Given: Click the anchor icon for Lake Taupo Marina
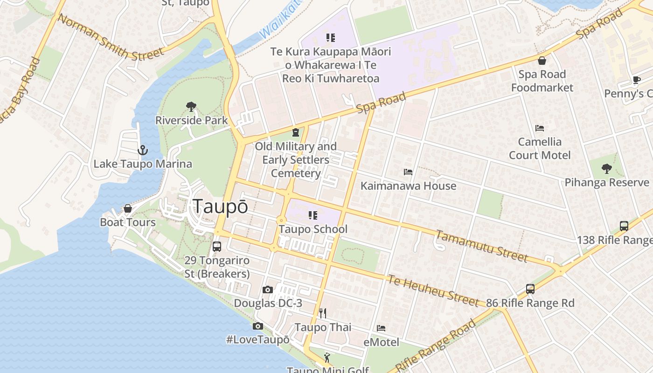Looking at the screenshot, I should pos(143,150).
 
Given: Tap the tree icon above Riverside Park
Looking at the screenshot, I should pos(191,107).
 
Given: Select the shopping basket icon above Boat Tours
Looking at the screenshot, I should pos(128,208).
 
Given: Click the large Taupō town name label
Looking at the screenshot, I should pos(220,207).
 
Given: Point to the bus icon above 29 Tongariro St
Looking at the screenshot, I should pos(217,247).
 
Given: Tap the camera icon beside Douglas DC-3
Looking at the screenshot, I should pos(267,290).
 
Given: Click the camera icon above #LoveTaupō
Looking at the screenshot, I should pos(258,326).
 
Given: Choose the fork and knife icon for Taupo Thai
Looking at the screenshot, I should pos(322,313).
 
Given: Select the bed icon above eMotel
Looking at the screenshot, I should pos(381,328).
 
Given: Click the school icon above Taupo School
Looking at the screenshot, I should pos(313,215).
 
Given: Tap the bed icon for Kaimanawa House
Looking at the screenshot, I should pos(408,172).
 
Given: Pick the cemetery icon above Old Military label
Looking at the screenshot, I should pos(295,132).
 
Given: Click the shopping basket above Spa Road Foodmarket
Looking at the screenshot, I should pos(542,61).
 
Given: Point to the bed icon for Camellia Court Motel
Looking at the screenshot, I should pos(540,128).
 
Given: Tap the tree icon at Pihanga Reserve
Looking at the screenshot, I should pos(606,168).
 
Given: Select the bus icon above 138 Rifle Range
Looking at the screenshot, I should pos(624,226).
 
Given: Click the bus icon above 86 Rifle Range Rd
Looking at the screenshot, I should pos(530,289).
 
